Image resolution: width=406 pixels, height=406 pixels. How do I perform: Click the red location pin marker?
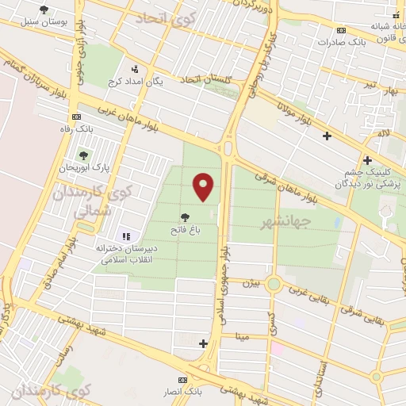204,186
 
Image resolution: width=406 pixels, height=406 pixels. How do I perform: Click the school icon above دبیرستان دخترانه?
125,236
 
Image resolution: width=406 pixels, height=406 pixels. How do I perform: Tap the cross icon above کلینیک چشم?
367,159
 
